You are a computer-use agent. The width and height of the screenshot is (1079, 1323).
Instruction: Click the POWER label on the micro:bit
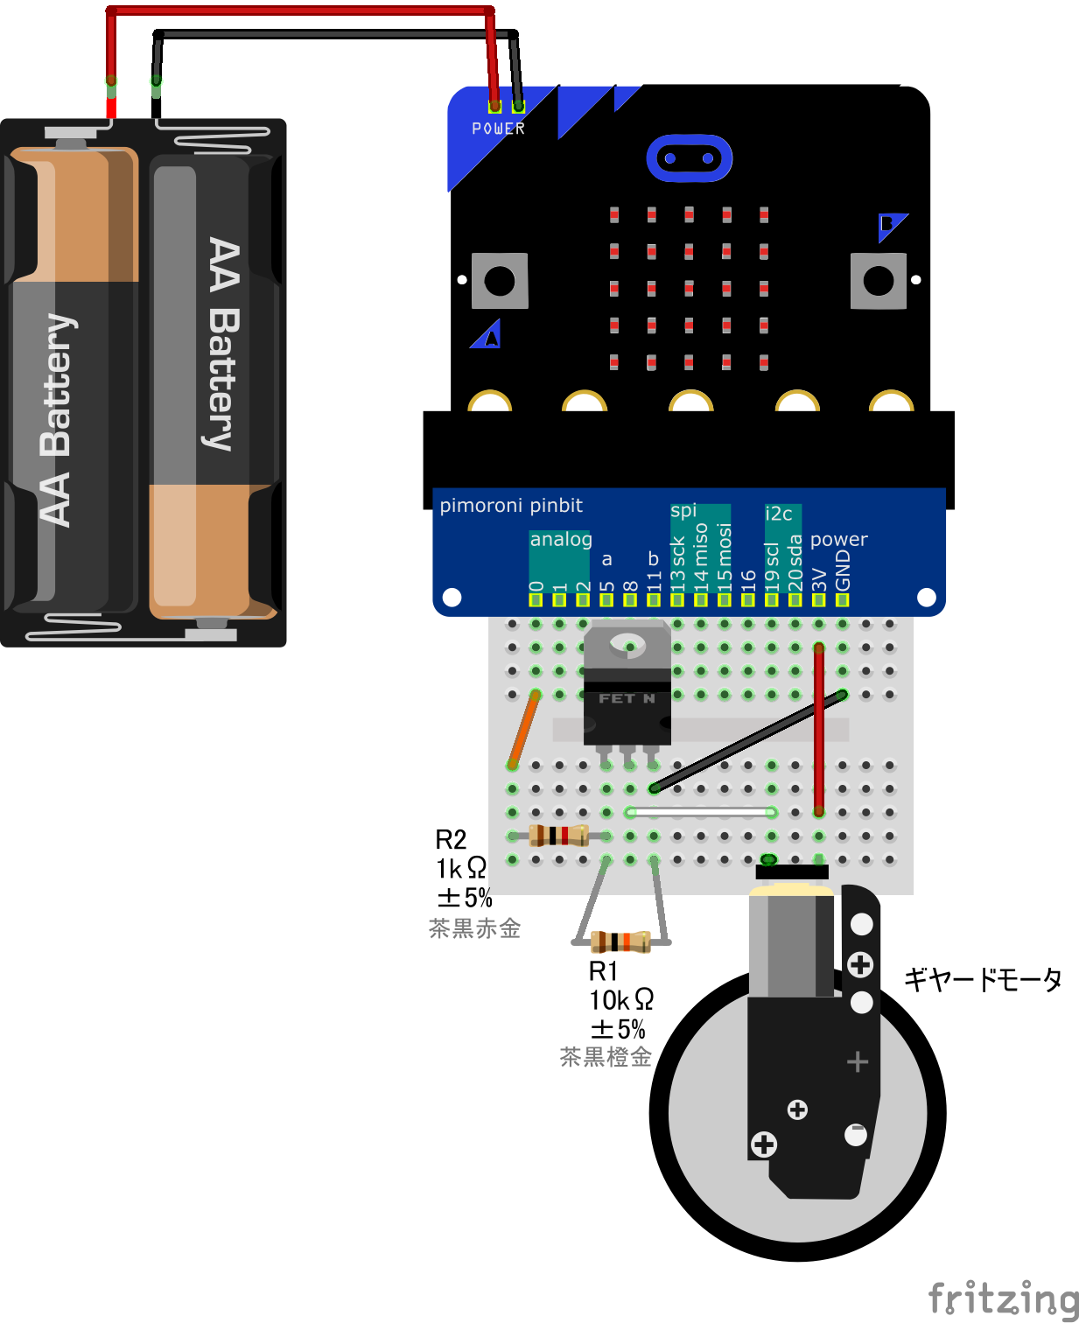498,129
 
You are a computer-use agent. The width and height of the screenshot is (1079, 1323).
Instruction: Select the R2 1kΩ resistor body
558,836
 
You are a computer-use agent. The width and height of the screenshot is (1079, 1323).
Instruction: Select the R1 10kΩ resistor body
620,941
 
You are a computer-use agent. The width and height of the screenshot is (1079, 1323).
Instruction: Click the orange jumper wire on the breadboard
523,730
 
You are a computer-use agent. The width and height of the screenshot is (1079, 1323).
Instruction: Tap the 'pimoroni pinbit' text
511,506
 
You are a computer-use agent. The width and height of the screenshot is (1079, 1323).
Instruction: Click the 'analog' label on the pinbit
561,539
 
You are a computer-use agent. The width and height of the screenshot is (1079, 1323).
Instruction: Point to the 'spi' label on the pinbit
683,510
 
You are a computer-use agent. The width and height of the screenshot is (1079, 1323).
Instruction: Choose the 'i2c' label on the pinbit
779,514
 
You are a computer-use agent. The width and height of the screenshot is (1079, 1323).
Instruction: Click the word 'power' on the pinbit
838,539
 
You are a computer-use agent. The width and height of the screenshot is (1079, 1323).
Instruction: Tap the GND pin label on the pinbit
843,571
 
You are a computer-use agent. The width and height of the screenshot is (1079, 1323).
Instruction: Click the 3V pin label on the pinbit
819,578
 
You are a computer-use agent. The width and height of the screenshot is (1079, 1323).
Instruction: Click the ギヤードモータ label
982,979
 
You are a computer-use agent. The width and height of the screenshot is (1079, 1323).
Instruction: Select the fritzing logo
1003,1298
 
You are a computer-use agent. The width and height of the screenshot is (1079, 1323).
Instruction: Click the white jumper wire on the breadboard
700,812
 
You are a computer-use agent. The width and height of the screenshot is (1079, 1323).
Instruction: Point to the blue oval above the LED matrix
689,158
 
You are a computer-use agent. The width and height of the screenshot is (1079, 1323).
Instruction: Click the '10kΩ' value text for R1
620,999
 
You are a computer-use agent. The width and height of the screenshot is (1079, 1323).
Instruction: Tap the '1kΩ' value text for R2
461,868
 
